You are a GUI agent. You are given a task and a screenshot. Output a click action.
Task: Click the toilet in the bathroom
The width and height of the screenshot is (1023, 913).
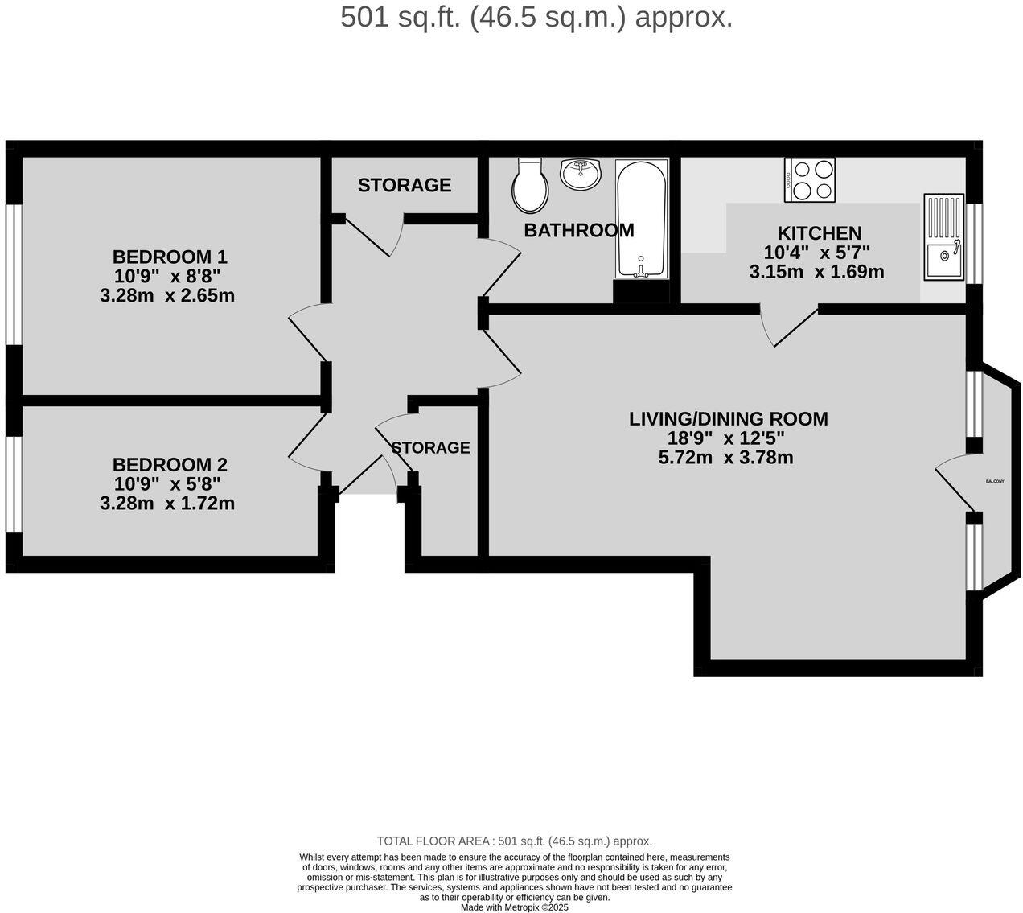(x=530, y=185)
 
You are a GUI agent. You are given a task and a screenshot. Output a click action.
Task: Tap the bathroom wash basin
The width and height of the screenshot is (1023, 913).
(x=580, y=174)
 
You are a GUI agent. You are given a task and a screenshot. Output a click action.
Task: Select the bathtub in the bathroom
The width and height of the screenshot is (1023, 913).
(x=641, y=218)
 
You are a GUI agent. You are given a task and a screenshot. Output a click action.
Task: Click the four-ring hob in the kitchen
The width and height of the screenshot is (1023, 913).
(x=810, y=179)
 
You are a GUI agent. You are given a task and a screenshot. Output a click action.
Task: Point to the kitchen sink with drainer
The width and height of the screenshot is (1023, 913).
(x=943, y=237)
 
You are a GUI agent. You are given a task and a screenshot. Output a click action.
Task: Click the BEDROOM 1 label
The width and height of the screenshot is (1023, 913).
(x=170, y=257)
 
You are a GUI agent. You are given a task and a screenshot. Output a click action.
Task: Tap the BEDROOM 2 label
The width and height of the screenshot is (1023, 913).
(x=170, y=465)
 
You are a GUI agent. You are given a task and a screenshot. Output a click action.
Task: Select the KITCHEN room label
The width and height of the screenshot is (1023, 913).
(x=819, y=233)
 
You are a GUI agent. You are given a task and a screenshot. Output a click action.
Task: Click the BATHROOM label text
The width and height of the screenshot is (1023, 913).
(x=579, y=231)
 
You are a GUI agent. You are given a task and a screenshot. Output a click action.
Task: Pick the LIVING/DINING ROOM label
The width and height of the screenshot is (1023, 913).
(x=728, y=419)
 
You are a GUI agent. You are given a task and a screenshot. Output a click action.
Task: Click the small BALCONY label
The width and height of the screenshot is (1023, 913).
(x=995, y=481)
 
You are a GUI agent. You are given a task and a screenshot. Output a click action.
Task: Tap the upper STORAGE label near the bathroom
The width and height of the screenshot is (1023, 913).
(x=405, y=185)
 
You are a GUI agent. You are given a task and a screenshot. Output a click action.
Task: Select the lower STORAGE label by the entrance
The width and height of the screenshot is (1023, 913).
(x=431, y=447)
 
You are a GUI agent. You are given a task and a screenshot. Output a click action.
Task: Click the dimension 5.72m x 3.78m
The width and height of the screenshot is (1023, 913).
(x=725, y=458)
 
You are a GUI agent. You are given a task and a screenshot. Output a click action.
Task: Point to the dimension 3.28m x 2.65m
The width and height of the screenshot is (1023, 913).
(x=167, y=296)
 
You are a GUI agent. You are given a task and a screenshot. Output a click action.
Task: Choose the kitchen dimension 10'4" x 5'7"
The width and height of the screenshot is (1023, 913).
(x=817, y=253)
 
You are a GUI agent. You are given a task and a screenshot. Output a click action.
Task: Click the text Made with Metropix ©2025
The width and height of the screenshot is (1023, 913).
(x=514, y=907)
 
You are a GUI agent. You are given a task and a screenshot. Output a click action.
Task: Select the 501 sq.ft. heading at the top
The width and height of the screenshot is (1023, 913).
(x=536, y=17)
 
